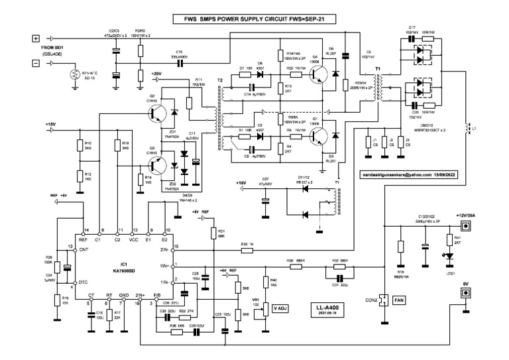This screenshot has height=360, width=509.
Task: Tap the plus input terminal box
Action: click(x=36, y=38)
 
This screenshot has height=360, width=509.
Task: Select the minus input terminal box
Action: click(x=36, y=64)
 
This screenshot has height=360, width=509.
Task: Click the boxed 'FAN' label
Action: click(x=399, y=300)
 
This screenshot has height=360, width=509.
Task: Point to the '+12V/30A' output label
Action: click(x=467, y=216)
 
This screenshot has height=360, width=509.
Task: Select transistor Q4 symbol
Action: click(x=319, y=74)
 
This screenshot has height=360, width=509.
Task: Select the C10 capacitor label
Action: click(x=178, y=52)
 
